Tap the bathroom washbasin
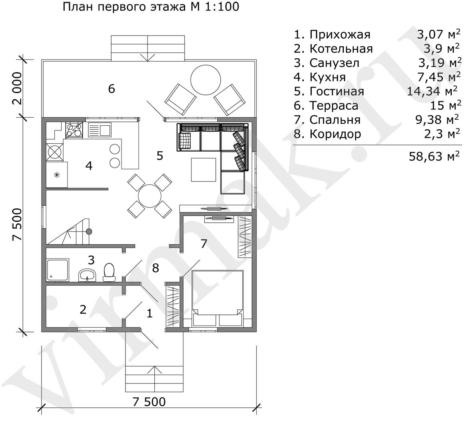(x=87, y=275)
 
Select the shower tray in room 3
(x=58, y=270)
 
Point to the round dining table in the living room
(x=150, y=196)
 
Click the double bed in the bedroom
(x=218, y=298)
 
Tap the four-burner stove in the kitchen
(x=74, y=130)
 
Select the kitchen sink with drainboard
(x=100, y=130)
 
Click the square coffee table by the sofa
(x=203, y=170)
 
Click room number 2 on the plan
(x=83, y=310)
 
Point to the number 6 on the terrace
(x=112, y=89)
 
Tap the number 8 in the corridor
(x=155, y=268)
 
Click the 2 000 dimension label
(x=17, y=88)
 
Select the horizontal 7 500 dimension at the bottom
(x=149, y=402)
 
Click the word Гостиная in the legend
(x=337, y=91)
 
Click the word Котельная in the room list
(x=341, y=48)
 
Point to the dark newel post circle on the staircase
(x=89, y=231)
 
